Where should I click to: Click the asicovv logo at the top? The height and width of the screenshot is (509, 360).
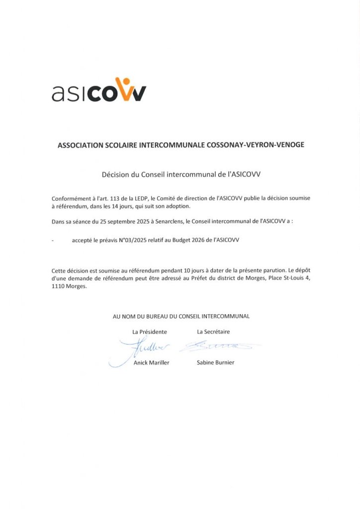point(99,90)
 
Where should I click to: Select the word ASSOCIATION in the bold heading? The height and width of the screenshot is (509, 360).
point(82,145)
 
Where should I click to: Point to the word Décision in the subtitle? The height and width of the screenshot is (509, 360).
point(115,174)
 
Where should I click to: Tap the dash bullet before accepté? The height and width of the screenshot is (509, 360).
point(53,240)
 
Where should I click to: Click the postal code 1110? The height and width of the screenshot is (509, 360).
point(58,286)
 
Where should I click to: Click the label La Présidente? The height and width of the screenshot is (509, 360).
point(149,332)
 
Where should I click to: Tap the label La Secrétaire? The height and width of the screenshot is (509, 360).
point(213,332)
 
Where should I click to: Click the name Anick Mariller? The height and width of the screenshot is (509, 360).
point(151,362)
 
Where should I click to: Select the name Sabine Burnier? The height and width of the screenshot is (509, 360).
point(215,362)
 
